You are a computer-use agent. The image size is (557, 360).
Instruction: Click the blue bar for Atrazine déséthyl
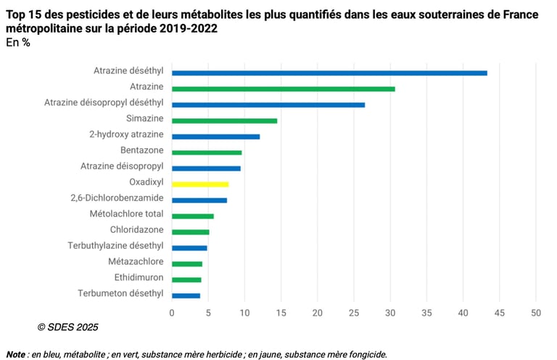(329, 73)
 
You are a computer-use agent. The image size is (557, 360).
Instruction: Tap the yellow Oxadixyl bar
(200, 184)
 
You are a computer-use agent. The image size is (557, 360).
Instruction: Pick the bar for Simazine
(224, 120)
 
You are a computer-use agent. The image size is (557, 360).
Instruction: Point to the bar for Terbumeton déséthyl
(186, 295)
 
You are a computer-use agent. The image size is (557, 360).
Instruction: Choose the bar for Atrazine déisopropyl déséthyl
(268, 105)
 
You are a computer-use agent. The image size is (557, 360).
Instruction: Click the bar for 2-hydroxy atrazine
(215, 136)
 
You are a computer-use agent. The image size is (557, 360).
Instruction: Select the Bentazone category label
(141, 150)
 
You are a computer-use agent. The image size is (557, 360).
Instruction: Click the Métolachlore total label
(126, 214)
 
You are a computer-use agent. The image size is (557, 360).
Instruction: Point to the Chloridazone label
(136, 230)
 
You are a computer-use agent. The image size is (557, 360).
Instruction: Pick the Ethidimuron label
(139, 277)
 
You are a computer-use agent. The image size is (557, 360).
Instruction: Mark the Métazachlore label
(136, 261)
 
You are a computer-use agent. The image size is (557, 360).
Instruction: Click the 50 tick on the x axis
(536, 313)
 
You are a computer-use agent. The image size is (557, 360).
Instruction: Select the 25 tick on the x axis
(354, 313)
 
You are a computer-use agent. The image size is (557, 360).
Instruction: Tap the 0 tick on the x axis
(172, 313)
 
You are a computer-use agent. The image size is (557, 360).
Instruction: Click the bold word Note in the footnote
(16, 355)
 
